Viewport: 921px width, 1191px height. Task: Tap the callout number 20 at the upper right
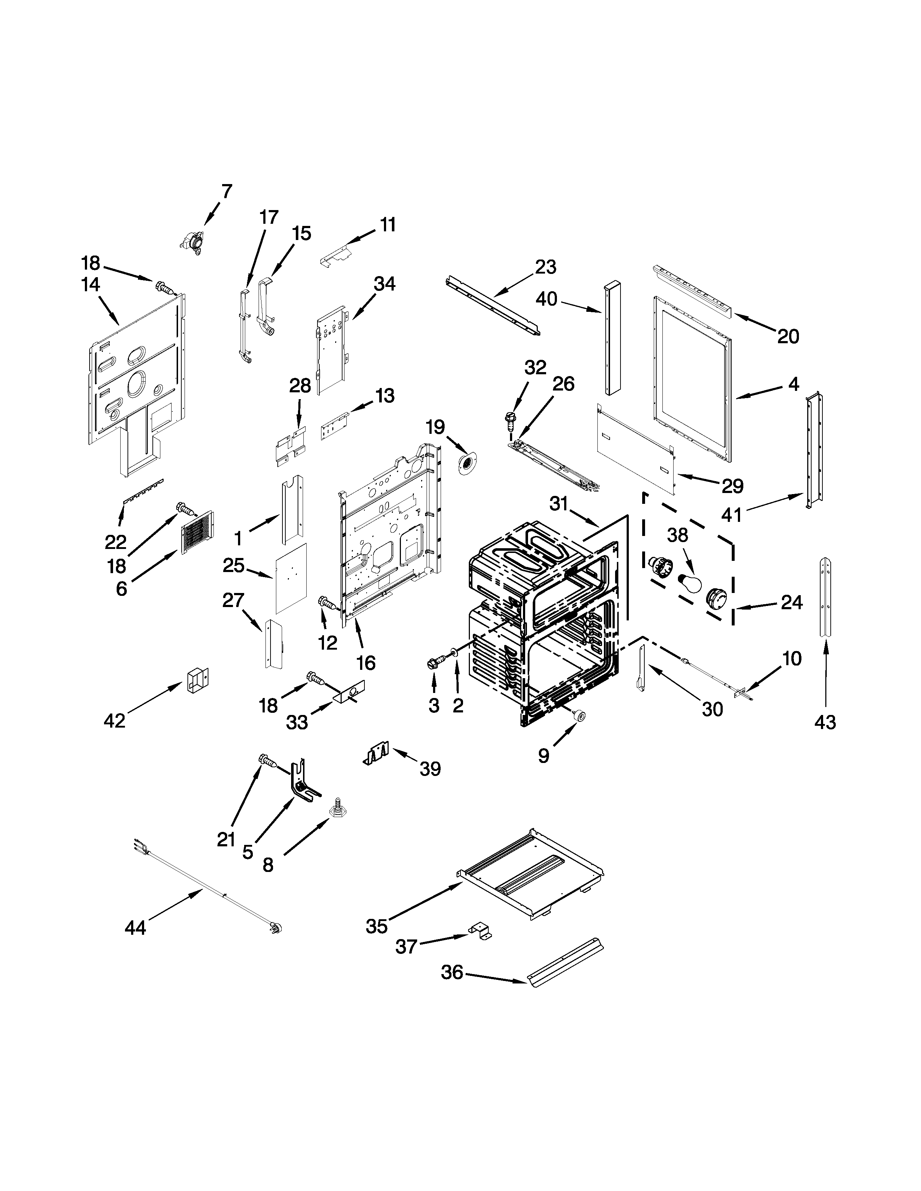(x=788, y=336)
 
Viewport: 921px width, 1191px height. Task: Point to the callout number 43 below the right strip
(x=825, y=723)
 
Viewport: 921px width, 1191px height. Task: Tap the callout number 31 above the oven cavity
(x=559, y=503)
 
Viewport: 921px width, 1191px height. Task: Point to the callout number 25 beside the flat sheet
(x=234, y=566)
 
